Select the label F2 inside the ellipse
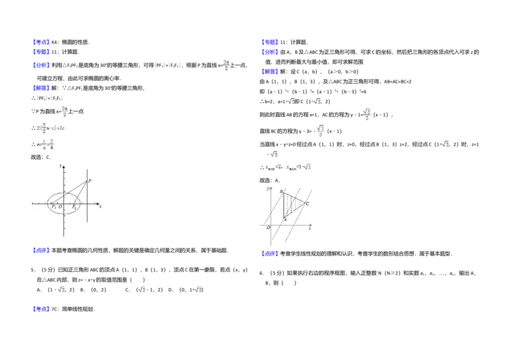click(75, 207)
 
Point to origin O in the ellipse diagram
click(61, 207)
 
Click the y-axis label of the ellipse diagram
click(60, 166)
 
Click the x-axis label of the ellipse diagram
click(101, 207)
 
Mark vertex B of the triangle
click(281, 191)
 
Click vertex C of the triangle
click(307, 204)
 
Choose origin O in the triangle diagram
click(268, 227)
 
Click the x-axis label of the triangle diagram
click(310, 229)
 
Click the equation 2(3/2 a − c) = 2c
click(51, 128)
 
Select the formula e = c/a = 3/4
click(46, 145)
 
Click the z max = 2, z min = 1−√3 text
click(286, 168)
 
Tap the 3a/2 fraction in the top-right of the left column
click(226, 64)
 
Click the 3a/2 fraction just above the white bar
click(64, 111)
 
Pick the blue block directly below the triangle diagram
click(270, 254)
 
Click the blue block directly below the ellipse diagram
click(41, 250)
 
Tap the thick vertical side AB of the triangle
click(284, 205)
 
